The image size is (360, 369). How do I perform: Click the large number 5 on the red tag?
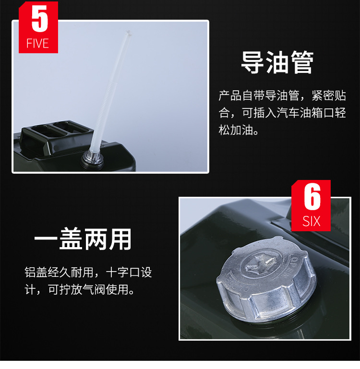pos(40,19)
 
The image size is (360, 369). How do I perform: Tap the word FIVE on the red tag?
pos(37,44)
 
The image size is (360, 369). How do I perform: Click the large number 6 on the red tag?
pos(312,197)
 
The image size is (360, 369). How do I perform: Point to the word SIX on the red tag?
pos(311,221)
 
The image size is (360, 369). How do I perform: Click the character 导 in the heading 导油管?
pos(252,62)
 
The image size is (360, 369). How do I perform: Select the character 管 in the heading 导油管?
pos(302,62)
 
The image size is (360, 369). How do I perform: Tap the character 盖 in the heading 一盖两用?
pos(71,239)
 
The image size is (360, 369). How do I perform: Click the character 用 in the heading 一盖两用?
pos(120,239)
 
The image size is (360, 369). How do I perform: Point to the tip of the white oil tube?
pos(128,32)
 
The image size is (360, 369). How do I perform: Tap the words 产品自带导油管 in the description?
pos(259,95)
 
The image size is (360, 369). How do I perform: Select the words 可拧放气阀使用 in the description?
pos(88,289)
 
